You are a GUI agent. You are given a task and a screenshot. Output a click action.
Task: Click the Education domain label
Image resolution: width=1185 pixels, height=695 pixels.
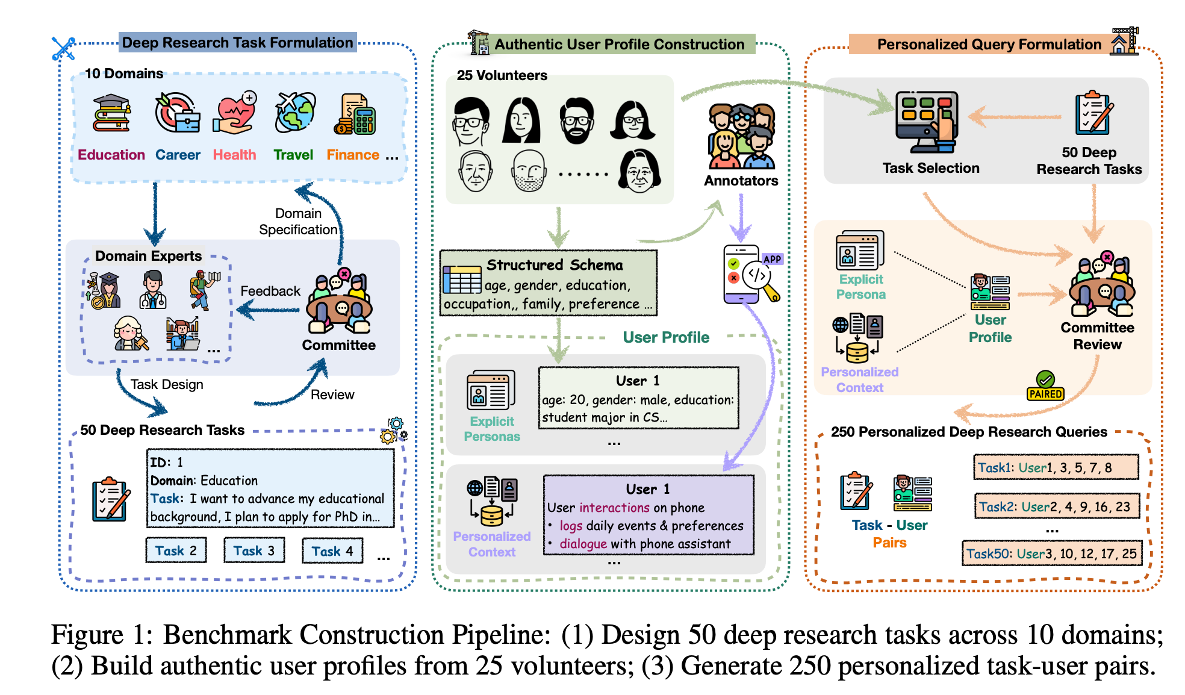(111, 155)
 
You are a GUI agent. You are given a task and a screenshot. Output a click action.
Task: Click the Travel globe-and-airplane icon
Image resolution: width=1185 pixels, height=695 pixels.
(294, 112)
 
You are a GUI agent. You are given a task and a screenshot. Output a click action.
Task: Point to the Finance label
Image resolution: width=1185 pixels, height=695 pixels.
(353, 155)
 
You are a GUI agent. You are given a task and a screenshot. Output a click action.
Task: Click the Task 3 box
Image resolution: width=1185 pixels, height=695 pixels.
(254, 550)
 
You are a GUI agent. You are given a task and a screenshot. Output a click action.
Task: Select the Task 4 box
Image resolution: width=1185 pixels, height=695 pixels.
(332, 550)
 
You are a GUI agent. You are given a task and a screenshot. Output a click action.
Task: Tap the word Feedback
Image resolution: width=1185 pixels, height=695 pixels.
(270, 291)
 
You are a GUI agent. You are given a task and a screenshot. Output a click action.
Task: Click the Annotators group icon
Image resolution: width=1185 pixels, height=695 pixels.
(741, 137)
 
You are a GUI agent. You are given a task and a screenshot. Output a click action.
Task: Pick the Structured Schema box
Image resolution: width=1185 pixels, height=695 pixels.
(549, 283)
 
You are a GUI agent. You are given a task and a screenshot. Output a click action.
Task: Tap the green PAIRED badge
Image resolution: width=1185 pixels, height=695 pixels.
(1046, 386)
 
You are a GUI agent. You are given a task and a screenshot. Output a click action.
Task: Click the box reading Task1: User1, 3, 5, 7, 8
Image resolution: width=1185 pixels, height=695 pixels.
(1056, 467)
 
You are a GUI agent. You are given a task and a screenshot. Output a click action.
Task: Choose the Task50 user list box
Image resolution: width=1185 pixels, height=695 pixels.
(1052, 553)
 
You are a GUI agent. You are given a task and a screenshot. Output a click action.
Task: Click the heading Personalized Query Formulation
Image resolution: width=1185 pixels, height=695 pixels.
(989, 44)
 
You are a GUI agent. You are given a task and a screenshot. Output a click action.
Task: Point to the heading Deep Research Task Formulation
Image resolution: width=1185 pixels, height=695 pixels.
(238, 42)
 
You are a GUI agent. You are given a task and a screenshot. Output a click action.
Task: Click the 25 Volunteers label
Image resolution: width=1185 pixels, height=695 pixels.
(502, 75)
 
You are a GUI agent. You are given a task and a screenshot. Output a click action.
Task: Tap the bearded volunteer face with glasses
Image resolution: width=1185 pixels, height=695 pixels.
(577, 120)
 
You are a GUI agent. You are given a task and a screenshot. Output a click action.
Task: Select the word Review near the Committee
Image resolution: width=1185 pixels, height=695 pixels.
(332, 394)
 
